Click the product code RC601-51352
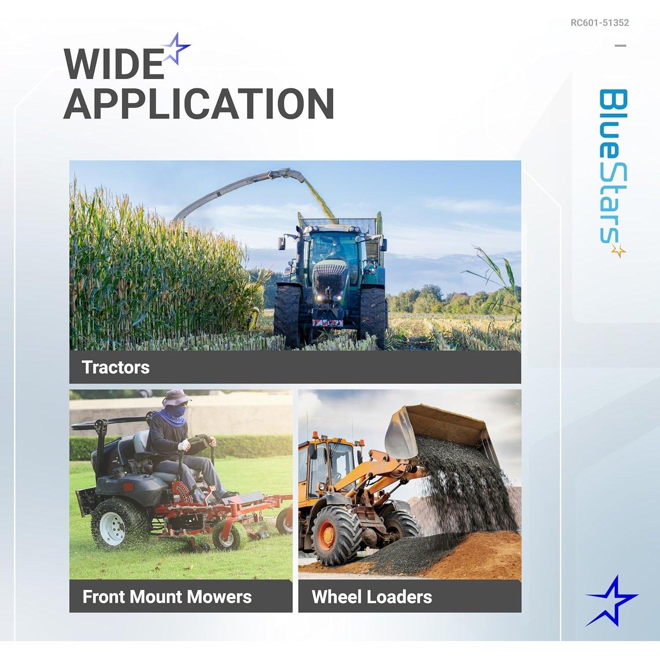tap(600, 23)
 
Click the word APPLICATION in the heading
tap(199, 104)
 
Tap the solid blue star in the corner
tap(611, 601)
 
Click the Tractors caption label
tap(116, 367)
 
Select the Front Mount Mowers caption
tap(167, 597)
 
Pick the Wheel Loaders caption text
tap(372, 597)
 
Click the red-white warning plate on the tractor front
tap(327, 323)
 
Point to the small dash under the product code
tap(620, 45)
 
